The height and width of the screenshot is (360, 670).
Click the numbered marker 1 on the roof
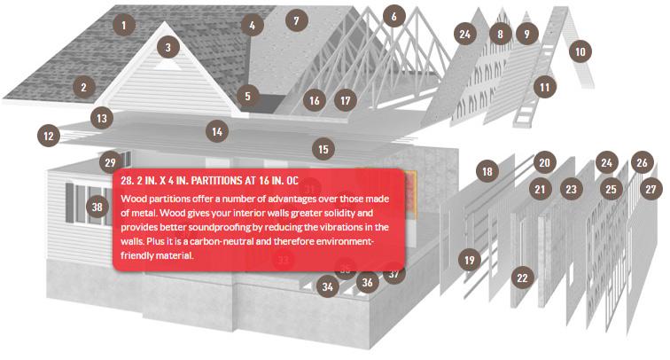coord(124,25)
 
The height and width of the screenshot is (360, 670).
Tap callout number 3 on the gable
coord(167,47)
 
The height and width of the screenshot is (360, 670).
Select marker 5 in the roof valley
coord(247,96)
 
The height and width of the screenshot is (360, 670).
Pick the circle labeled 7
coord(296,20)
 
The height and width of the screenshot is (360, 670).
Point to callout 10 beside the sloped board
coord(580,51)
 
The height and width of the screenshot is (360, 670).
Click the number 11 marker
coord(545,87)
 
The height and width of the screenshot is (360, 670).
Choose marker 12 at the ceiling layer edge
coord(49,136)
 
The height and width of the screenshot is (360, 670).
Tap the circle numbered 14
coord(217,131)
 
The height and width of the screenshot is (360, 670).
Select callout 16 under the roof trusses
coord(314,100)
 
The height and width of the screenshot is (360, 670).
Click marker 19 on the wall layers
coord(469,260)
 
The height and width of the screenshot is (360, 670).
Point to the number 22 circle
coord(522,278)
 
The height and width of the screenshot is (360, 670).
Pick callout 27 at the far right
coord(651,189)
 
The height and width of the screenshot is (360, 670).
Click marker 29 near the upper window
coord(110,162)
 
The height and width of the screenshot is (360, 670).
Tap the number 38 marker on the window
coord(97,207)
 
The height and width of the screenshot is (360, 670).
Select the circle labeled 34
coord(328,286)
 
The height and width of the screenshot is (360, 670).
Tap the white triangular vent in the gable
coord(161,66)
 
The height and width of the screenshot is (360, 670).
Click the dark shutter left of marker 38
coord(70,203)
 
